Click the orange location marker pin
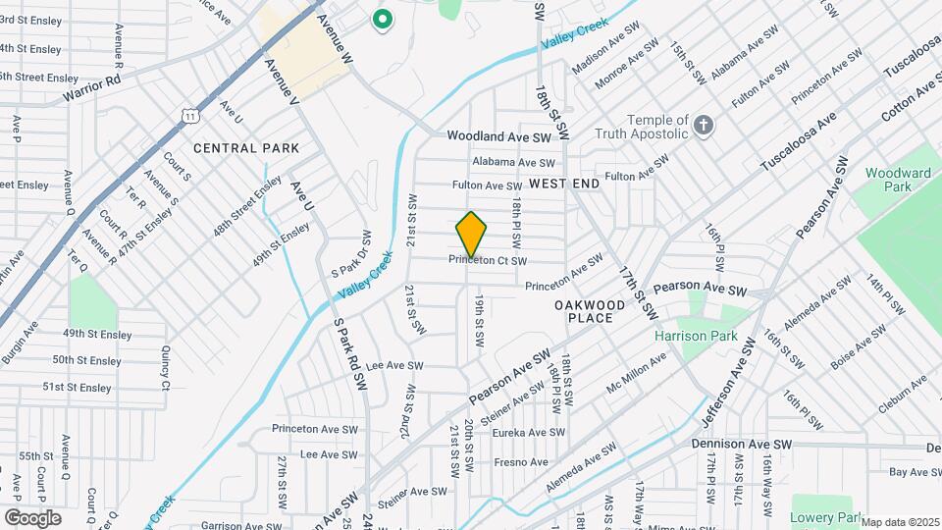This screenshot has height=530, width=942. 472,235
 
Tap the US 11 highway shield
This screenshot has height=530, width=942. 187,116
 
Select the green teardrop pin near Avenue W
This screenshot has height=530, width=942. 382,18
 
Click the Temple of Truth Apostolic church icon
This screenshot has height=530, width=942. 703,125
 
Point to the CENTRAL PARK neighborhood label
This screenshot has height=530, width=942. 246,148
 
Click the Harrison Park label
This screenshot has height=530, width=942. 696,336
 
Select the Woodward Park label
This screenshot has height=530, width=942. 898,181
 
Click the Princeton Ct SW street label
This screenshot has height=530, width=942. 489,260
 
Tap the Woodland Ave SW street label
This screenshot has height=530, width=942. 501,136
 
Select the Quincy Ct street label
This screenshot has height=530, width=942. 165,364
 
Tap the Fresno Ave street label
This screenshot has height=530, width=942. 520,461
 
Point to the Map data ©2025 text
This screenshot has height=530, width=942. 900,522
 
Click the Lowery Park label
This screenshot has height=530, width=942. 825,517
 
